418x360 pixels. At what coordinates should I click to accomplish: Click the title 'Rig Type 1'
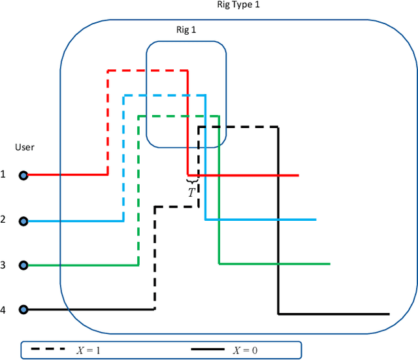point(240,5)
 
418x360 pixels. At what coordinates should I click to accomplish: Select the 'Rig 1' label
point(186,29)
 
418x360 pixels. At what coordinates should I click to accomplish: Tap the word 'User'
point(25,148)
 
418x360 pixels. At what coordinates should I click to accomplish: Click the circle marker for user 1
point(24,175)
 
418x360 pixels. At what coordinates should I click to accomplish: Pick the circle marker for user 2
point(24,221)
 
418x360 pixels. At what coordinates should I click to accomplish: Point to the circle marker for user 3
point(24,265)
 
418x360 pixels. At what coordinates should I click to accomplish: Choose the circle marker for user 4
point(24,309)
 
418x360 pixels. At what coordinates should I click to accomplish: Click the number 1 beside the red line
point(3,174)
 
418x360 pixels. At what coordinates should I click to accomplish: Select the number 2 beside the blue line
point(3,220)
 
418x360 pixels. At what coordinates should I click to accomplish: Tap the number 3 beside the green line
point(3,265)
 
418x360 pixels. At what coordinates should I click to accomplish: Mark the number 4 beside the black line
point(3,310)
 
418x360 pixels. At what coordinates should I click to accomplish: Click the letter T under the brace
point(191,193)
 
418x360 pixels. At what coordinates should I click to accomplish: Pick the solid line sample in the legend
point(210,350)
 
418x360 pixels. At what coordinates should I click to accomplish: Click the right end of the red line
point(298,175)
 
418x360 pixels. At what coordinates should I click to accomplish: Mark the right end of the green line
point(330,264)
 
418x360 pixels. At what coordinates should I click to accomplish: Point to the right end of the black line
point(389,314)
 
